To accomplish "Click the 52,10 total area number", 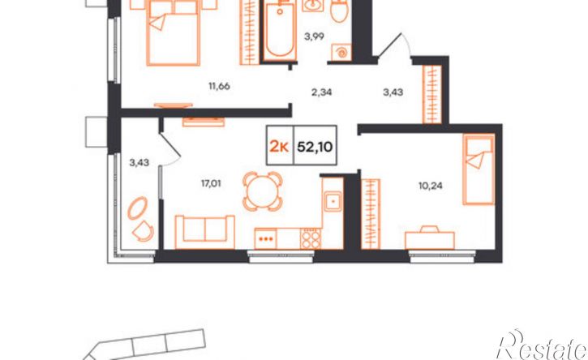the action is (x=315, y=147).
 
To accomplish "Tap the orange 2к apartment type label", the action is (x=279, y=147).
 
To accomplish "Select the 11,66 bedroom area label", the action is (x=219, y=86).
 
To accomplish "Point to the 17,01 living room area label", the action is (x=210, y=183).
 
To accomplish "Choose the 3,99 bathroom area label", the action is (x=314, y=36).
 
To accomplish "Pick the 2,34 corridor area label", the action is (x=321, y=92).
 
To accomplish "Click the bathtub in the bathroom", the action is (x=280, y=31).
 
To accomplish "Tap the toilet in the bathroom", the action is (x=340, y=11).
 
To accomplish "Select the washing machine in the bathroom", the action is (x=341, y=52).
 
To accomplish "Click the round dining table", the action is (x=262, y=191).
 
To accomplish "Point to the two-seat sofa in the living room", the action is (x=204, y=232).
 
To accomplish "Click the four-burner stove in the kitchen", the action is (x=311, y=238).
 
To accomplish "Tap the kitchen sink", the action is (x=333, y=201).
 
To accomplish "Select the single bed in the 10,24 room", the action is (x=479, y=169).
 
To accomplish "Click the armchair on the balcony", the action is (x=143, y=231).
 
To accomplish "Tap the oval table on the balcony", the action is (x=138, y=208).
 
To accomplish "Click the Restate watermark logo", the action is (x=542, y=345).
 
